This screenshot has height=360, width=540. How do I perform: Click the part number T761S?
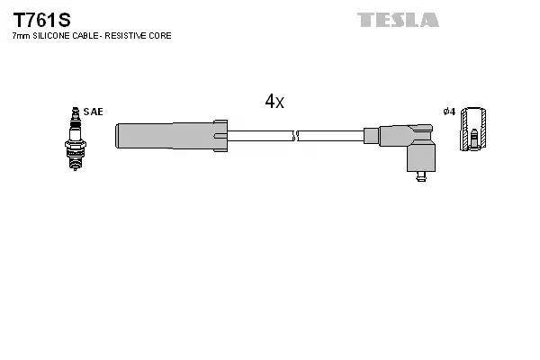tap(41, 20)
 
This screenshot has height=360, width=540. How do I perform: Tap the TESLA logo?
tap(398, 20)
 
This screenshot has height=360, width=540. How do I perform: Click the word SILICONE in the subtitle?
tap(51, 36)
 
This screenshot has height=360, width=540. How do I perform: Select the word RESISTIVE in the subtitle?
tap(125, 36)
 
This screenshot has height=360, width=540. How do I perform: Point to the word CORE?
tap(160, 36)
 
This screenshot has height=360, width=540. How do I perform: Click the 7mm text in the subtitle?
tap(21, 36)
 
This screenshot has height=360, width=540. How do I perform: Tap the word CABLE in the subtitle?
tap(85, 36)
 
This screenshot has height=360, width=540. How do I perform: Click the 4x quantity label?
tap(274, 102)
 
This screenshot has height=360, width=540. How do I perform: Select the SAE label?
tap(93, 112)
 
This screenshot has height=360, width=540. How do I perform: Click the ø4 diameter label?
tap(449, 112)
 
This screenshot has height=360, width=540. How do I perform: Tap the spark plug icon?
tap(75, 139)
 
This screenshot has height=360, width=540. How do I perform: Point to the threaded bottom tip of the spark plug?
tap(75, 166)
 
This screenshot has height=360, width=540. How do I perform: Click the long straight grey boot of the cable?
tap(165, 136)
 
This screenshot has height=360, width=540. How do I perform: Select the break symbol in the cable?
tap(295, 136)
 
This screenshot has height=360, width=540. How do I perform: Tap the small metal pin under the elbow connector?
tap(421, 176)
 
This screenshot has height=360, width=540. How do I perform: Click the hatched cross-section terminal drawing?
tap(473, 129)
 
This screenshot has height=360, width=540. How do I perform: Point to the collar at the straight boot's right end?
tap(220, 136)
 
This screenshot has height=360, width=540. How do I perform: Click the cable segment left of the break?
tap(260, 136)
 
